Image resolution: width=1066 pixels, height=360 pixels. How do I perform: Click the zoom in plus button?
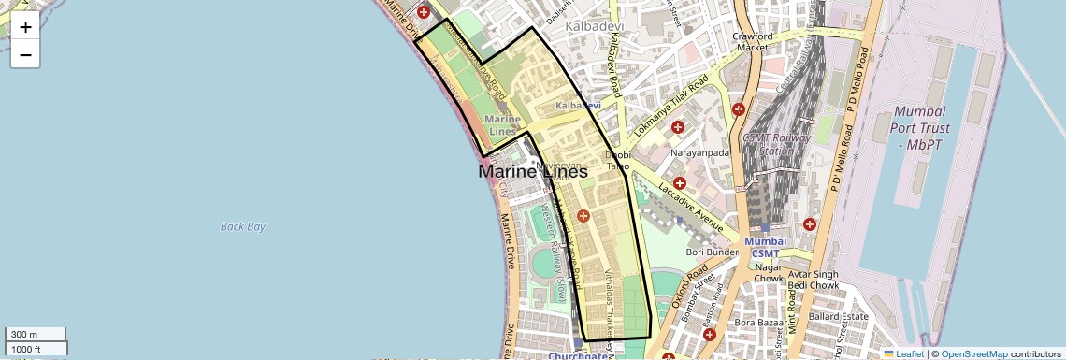click(25, 27)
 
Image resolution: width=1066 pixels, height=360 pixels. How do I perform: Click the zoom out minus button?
click(25, 55)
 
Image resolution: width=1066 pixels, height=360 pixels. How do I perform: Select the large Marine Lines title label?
click(533, 172)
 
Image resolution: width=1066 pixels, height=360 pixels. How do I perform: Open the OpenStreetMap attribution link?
click(974, 353)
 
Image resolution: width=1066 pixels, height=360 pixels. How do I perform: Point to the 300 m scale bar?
click(36, 335)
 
